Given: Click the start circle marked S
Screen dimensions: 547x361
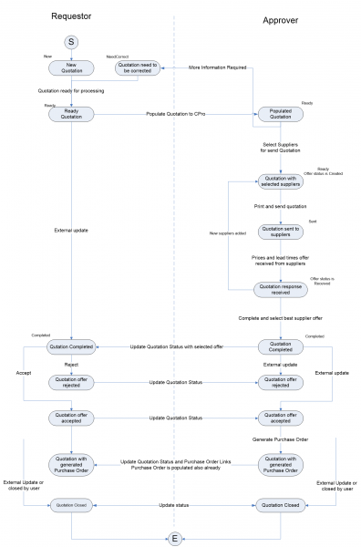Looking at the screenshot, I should (x=71, y=42).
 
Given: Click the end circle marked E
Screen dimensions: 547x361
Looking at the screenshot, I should (x=174, y=534).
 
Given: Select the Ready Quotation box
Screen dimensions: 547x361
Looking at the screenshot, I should (x=71, y=115).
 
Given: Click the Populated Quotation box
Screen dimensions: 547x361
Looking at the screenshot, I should (x=280, y=115).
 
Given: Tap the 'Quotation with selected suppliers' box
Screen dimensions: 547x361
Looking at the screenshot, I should (x=280, y=181).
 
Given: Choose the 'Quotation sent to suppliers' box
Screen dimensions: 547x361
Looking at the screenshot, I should (x=280, y=232).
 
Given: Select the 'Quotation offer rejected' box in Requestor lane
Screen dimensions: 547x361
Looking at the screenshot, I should (x=71, y=383).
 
